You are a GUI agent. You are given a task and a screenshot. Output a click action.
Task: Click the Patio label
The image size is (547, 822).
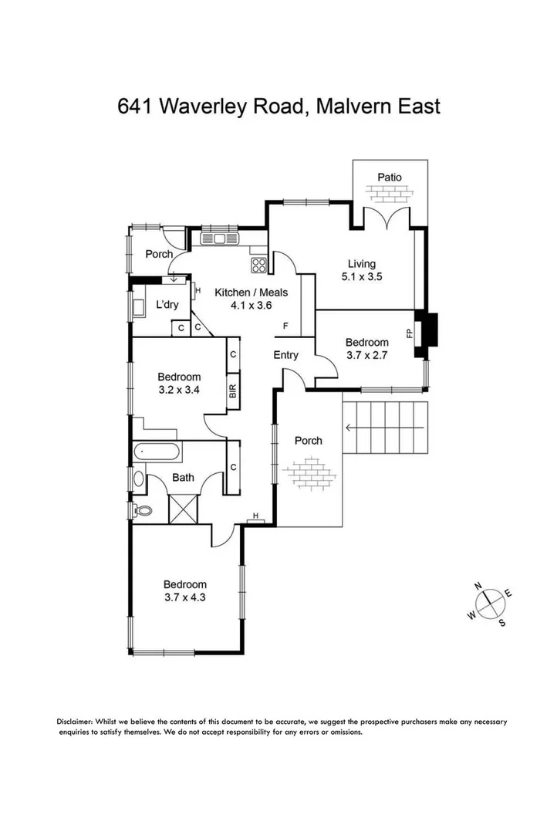(389, 178)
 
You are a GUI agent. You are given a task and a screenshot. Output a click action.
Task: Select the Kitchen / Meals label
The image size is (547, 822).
(251, 293)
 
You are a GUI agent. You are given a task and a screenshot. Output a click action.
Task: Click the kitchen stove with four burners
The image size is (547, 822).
(258, 266)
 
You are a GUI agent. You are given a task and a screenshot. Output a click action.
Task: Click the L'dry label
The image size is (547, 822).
(167, 304)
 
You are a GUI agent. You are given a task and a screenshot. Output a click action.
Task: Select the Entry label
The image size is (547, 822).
(286, 355)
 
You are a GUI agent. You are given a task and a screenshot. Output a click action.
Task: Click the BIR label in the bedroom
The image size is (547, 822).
(231, 391)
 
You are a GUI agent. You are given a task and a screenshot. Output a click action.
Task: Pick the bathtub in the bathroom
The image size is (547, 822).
(157, 451)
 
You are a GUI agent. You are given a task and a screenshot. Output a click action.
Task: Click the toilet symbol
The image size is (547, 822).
(141, 509)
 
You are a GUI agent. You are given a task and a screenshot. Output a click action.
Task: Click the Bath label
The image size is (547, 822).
(183, 478)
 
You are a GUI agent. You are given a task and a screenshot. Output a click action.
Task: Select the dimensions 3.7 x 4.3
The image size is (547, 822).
(185, 597)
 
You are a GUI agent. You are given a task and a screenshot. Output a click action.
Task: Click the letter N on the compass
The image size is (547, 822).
(478, 588)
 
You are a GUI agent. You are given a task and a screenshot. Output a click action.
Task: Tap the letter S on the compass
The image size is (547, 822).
(502, 622)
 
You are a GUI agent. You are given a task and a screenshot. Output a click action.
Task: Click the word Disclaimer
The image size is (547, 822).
(75, 722)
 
